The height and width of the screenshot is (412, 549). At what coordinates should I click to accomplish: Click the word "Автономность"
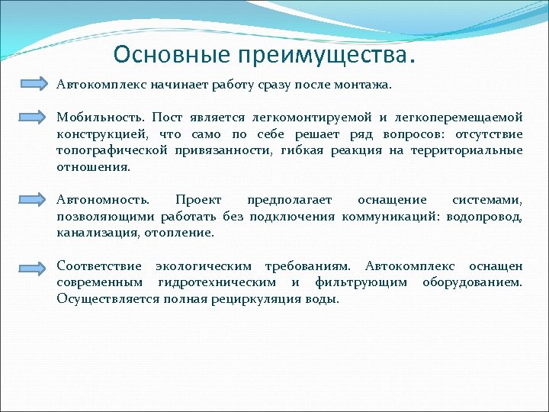(x=103, y=200)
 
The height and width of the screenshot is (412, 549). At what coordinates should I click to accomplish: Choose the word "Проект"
(x=198, y=200)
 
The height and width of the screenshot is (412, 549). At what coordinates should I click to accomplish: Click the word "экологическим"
(x=204, y=266)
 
